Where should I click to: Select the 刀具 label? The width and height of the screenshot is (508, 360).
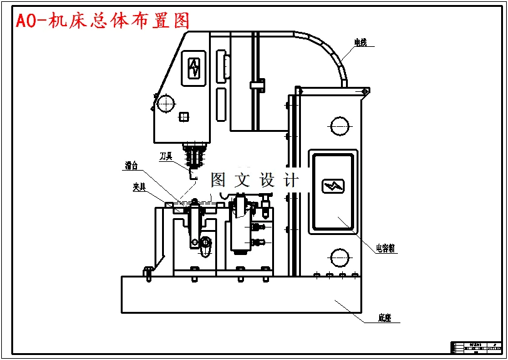165,156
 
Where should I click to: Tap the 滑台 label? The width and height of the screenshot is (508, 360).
131,166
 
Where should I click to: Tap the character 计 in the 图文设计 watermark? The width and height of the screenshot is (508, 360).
292,180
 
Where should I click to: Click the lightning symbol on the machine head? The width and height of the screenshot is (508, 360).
195,67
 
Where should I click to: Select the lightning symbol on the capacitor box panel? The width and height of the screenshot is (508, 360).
333,186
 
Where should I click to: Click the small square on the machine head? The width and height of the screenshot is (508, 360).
184,116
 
